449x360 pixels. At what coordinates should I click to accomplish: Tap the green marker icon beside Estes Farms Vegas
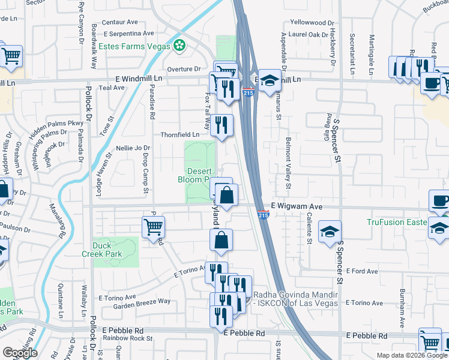pos(179,45)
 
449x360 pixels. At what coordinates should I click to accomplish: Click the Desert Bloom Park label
pos(193,175)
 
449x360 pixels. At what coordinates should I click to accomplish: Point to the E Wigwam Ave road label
pos(297,206)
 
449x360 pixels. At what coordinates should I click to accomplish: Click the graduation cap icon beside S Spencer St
pos(330,232)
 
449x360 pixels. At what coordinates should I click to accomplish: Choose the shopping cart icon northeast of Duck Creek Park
pos(154,226)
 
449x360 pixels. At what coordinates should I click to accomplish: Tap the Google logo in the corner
pos(20,353)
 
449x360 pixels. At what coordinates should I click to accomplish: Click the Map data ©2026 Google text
pos(412,355)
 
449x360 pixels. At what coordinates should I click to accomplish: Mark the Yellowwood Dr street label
pos(312,22)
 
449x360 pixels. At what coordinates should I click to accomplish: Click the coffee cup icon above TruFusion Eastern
pos(440,202)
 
